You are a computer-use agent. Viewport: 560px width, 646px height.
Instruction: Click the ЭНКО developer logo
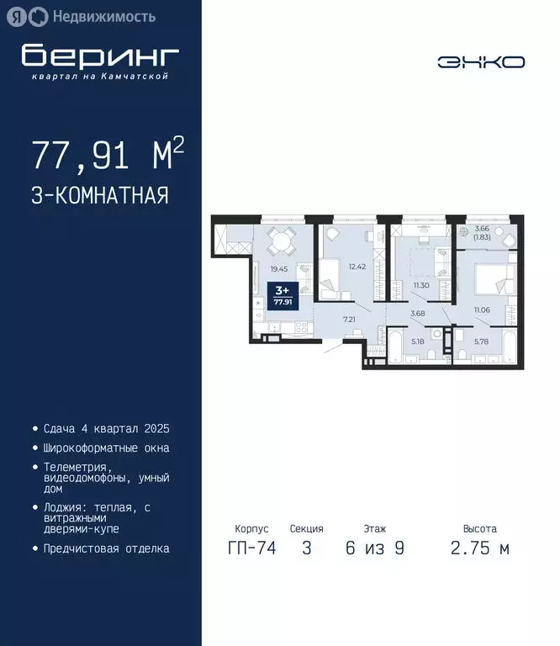[x=481, y=62]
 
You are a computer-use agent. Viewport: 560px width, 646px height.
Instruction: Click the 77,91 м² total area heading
[x=108, y=156]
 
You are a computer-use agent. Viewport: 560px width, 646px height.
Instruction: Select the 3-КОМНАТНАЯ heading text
[x=100, y=196]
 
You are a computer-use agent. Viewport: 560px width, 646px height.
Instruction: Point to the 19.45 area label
[x=278, y=269]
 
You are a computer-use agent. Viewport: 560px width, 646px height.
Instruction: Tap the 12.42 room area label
[x=358, y=266]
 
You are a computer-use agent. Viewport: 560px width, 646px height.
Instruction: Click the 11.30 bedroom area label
[x=421, y=285]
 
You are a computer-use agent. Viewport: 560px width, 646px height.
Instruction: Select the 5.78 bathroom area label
[x=481, y=341]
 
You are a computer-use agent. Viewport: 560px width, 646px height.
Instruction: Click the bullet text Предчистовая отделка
[x=106, y=548]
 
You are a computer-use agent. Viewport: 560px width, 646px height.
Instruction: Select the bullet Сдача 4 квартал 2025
[x=106, y=428]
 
